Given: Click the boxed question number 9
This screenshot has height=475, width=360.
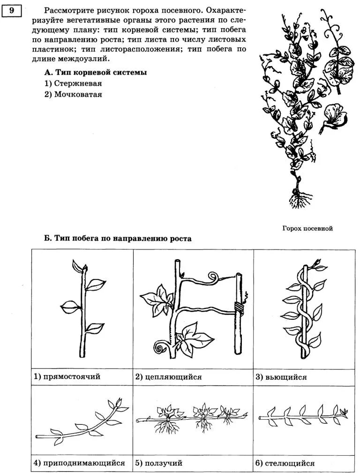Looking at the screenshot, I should [12, 10].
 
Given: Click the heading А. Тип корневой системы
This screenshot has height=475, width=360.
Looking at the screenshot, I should [96, 73].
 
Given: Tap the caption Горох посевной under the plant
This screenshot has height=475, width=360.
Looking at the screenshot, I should [307, 228].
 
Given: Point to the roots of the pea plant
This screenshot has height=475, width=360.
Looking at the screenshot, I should [297, 200].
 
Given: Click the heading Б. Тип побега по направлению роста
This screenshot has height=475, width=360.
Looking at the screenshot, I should [118, 238].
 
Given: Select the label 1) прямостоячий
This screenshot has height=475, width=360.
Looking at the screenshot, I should [67, 377].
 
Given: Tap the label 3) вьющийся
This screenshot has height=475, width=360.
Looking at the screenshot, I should [281, 377].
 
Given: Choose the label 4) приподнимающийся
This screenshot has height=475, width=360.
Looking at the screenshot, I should [79, 463].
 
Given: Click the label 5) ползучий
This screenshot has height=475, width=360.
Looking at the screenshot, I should [158, 463].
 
